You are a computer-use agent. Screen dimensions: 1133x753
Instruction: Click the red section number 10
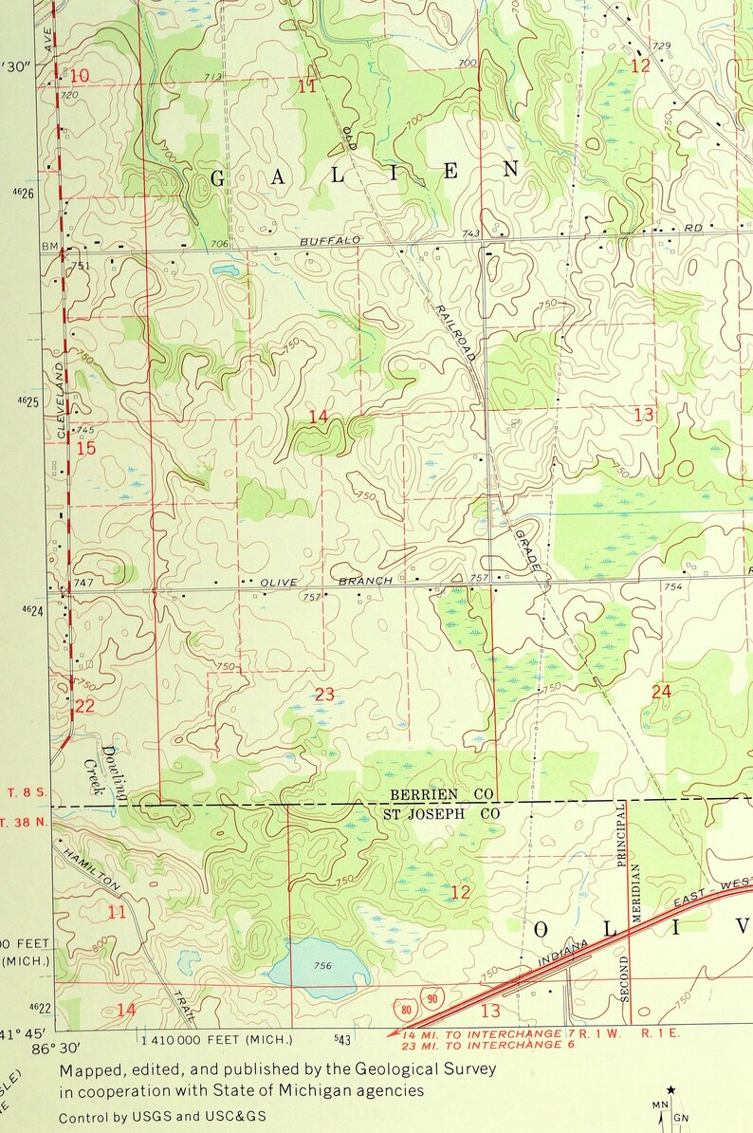(x=81, y=76)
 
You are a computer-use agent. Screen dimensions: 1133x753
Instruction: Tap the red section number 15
(x=85, y=447)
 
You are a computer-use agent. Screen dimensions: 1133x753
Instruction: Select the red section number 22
(x=85, y=706)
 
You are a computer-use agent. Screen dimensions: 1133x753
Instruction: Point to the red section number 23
(x=324, y=695)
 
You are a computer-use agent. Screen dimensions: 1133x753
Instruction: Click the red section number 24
(x=661, y=692)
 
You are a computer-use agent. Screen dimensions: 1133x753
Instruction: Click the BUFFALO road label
(x=330, y=241)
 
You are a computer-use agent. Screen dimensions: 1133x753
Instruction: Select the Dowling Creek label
(x=102, y=769)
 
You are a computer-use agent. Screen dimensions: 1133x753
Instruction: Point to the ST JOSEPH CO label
(x=441, y=813)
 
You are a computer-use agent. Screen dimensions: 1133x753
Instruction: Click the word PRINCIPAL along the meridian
(x=622, y=836)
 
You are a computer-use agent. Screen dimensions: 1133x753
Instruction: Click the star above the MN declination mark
(x=671, y=1090)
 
